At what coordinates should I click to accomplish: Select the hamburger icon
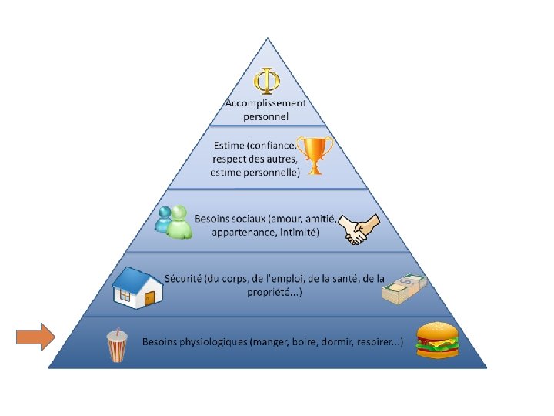click(437, 341)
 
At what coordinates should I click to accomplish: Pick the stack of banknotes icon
click(403, 288)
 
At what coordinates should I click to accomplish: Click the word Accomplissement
click(265, 102)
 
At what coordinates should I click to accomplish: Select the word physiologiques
click(214, 341)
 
